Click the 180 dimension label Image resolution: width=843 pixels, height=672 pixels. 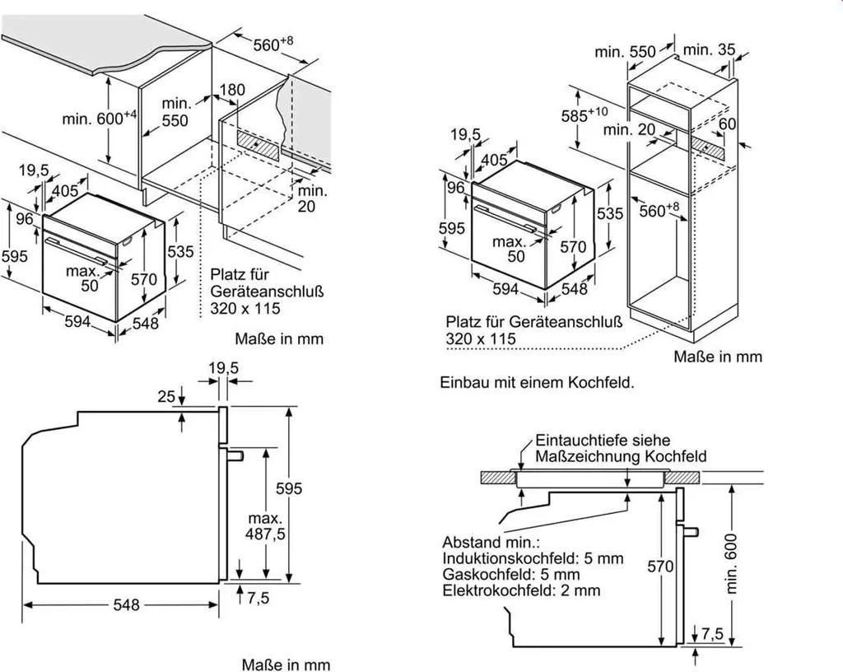point(233,89)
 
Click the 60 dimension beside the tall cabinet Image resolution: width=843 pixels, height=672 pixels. point(728,124)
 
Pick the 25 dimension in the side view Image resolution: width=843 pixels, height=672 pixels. point(167,396)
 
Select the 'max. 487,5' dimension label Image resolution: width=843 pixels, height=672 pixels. point(265,527)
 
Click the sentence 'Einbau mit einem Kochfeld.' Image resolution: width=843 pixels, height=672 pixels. point(537,383)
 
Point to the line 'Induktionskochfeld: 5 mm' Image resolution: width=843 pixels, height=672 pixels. point(533,558)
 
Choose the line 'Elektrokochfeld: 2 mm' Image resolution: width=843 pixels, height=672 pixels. point(521,590)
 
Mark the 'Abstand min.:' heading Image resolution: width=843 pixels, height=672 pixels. point(491,543)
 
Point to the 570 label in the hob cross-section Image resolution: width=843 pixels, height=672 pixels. point(660,566)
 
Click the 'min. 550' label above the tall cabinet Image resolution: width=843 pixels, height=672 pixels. point(626,52)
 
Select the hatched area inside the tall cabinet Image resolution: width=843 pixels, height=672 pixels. point(707,147)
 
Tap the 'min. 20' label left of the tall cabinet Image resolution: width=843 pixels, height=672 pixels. point(630,129)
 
